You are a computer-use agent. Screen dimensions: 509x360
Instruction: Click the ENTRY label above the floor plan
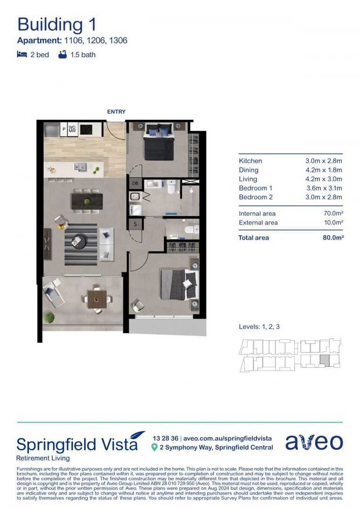(116, 112)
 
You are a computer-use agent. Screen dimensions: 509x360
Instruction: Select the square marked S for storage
(136, 224)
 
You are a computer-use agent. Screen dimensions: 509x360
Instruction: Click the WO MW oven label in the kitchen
(72, 129)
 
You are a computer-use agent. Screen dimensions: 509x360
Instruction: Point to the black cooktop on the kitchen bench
(87, 129)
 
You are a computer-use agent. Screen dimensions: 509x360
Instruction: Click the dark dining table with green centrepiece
(87, 202)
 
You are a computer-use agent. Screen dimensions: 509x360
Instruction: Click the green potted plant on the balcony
(49, 318)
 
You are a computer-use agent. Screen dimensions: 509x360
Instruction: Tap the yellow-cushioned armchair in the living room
(60, 221)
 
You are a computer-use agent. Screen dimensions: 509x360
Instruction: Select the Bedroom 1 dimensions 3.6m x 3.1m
(323, 188)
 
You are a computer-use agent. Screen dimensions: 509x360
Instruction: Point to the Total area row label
(254, 238)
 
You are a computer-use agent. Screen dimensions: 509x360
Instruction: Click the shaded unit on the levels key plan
(324, 361)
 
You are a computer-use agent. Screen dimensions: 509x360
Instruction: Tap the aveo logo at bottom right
(314, 442)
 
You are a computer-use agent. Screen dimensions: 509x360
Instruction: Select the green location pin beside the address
(154, 447)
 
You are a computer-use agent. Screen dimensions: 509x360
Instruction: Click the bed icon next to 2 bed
(22, 55)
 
